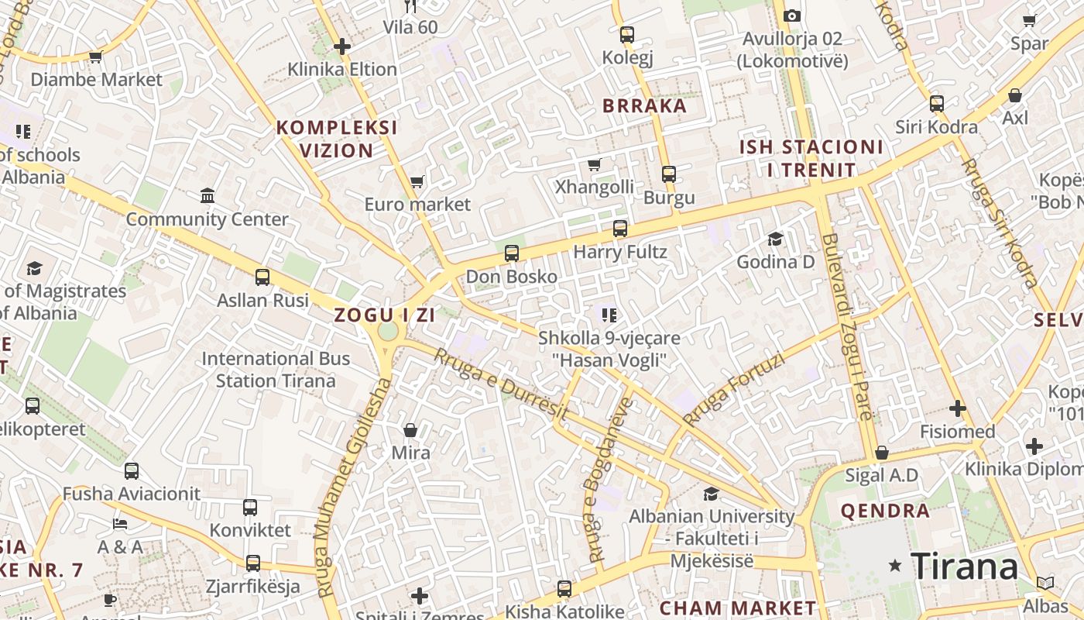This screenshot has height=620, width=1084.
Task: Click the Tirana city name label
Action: click(964, 567)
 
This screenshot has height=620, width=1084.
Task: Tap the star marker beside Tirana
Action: click(896, 566)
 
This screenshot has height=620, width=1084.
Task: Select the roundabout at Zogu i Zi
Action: click(388, 331)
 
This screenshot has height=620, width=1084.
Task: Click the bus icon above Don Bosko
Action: click(511, 253)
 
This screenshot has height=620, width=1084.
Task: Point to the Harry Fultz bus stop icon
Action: click(619, 229)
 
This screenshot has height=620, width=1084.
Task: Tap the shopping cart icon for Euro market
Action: click(417, 181)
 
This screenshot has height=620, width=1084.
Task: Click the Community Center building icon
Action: click(208, 195)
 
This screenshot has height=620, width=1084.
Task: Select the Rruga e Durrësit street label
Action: click(500, 385)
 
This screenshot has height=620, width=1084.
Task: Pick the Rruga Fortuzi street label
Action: click(733, 390)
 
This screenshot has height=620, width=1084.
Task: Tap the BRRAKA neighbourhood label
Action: click(644, 106)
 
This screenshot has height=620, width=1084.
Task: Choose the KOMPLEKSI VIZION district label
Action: click(337, 139)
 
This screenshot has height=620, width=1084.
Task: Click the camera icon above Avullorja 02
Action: click(791, 15)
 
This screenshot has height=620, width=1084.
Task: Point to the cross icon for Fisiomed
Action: click(958, 408)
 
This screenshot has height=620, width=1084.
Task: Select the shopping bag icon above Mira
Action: click(410, 429)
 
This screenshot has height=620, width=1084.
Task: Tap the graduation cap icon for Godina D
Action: click(775, 239)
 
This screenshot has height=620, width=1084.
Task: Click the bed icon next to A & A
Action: click(119, 523)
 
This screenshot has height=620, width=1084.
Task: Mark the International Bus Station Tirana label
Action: click(276, 370)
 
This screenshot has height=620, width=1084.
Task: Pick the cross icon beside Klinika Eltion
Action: click(342, 46)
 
